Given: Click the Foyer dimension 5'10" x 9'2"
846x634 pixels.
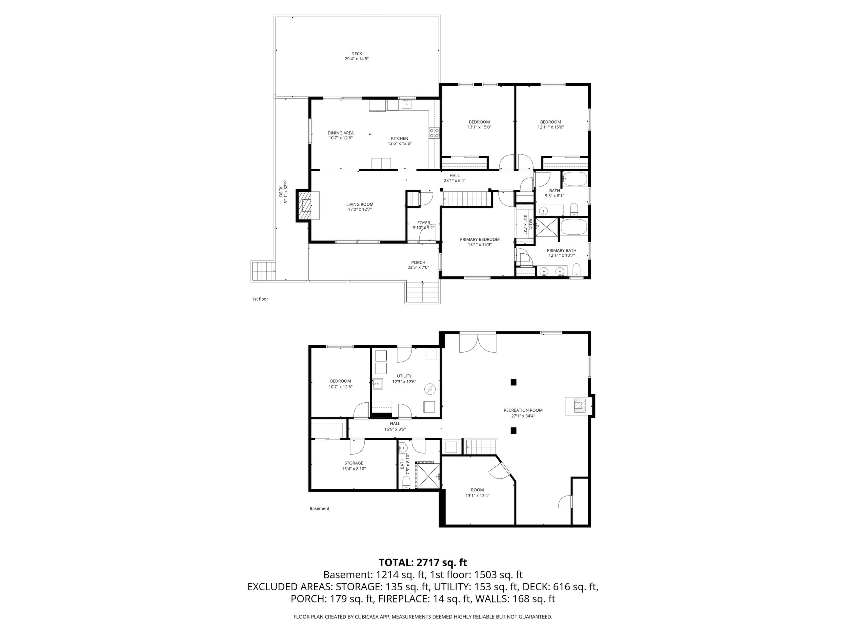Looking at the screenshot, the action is point(423,228).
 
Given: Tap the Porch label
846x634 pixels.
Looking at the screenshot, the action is point(418,262).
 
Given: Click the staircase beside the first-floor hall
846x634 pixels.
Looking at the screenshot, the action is point(467,199).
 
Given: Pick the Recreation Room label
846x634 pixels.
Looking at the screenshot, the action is point(523,410).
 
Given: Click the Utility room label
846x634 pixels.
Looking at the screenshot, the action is point(404,376).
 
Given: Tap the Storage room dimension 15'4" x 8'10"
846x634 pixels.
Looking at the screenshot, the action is point(354,468).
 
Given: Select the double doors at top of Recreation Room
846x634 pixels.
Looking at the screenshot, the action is point(478,343).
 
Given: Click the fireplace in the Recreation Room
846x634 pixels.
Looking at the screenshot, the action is point(579,405).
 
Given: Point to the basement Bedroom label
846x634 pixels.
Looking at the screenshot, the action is point(340,381).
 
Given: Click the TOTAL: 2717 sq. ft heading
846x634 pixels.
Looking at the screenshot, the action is point(423,563).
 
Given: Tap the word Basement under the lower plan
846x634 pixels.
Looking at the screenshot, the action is point(319,509).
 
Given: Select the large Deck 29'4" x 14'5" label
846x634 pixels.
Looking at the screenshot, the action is point(357,56).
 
